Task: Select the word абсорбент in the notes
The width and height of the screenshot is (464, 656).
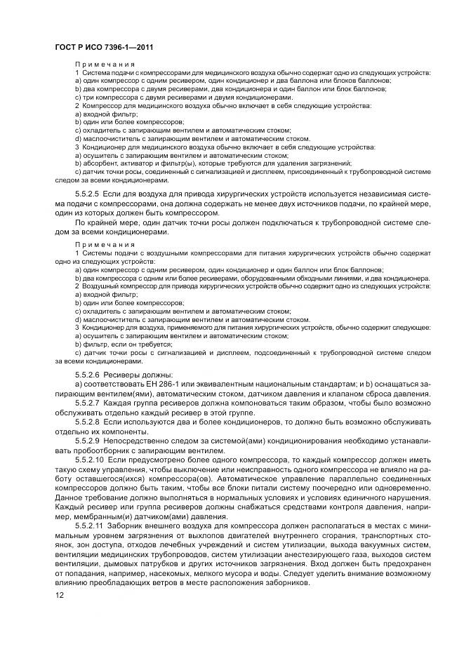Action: [x=96, y=163]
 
